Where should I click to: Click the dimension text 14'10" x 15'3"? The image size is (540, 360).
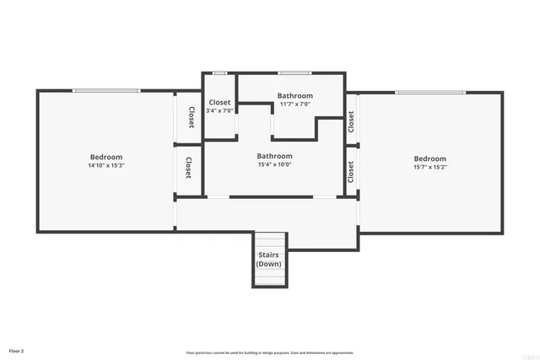[106, 166]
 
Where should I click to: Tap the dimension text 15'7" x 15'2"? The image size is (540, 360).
[429, 167]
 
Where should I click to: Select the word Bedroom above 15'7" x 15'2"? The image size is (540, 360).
[429, 159]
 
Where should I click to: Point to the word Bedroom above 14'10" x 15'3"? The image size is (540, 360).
[106, 157]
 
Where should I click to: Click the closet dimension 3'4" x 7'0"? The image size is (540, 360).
[219, 110]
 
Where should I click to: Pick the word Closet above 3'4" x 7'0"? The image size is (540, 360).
[219, 102]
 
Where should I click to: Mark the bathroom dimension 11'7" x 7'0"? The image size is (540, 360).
[294, 105]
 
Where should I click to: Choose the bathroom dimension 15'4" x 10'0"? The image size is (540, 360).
[274, 164]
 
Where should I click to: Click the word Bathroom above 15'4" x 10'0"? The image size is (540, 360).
[274, 156]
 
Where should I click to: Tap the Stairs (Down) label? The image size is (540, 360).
[269, 259]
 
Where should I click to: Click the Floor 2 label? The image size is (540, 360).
[17, 349]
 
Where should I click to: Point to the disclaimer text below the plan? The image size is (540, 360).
[269, 352]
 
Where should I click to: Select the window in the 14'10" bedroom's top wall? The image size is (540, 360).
[105, 91]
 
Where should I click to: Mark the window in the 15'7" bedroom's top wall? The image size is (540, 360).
[429, 92]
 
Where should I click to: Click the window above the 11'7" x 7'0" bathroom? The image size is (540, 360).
[294, 73]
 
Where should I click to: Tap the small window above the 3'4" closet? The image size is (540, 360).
[219, 73]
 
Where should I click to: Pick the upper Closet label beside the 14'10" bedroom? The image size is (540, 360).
[191, 118]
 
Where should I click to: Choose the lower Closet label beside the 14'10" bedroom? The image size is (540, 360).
[188, 168]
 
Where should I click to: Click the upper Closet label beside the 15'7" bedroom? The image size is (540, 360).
[351, 121]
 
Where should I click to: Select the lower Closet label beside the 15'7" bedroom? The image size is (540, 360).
[351, 171]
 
